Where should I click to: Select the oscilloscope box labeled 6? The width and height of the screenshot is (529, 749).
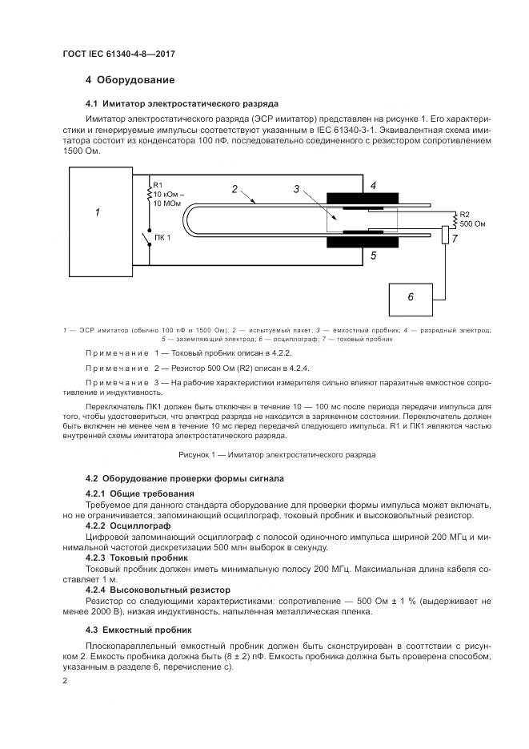click(410, 298)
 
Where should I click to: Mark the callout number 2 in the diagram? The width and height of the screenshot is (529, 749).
click(234, 189)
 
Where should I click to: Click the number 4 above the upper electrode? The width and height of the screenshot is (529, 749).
click(373, 184)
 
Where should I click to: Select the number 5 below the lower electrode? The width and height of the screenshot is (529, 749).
click(373, 256)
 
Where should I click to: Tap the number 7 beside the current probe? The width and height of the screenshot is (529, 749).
click(454, 239)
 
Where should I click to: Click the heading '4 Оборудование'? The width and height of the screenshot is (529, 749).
click(130, 80)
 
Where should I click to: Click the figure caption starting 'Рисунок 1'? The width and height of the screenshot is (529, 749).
click(264, 454)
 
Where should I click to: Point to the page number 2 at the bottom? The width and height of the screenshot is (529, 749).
click(66, 680)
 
